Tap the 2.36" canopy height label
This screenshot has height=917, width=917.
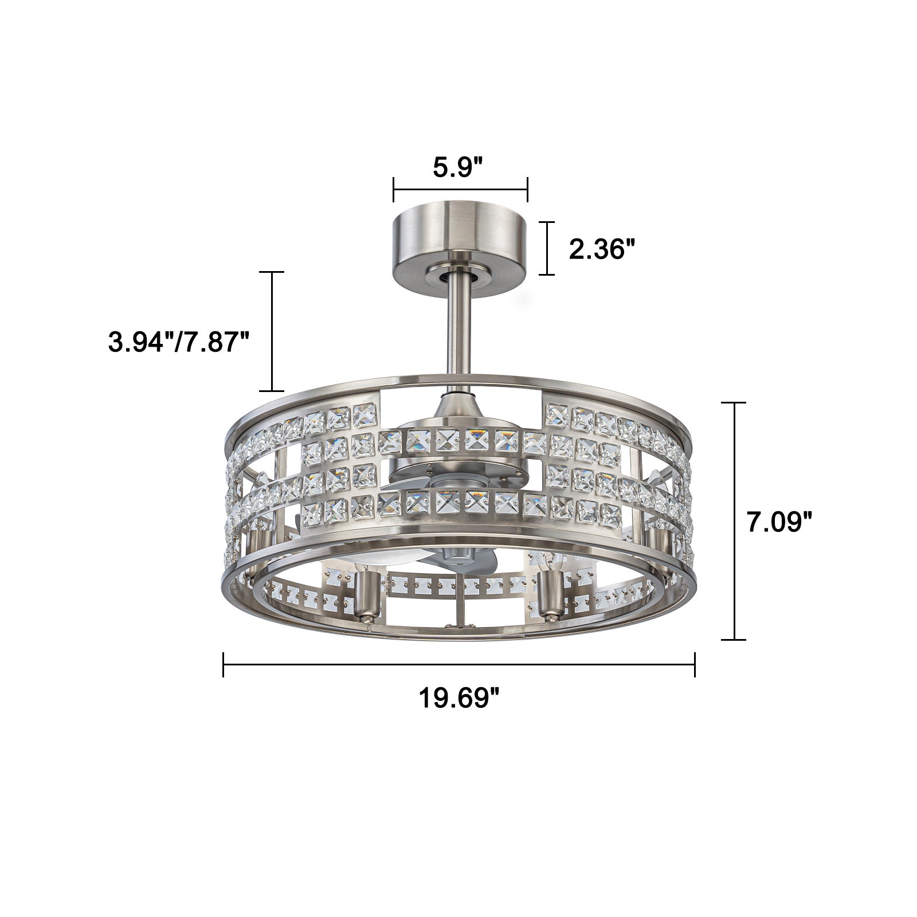tap(602, 249)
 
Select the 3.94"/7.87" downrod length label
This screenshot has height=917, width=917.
tap(179, 343)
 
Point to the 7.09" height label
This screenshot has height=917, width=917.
tap(779, 522)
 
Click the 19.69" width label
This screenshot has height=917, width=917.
tap(458, 697)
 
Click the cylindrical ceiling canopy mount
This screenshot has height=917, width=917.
tap(460, 241)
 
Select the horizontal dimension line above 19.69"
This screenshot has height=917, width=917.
tap(459, 665)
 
